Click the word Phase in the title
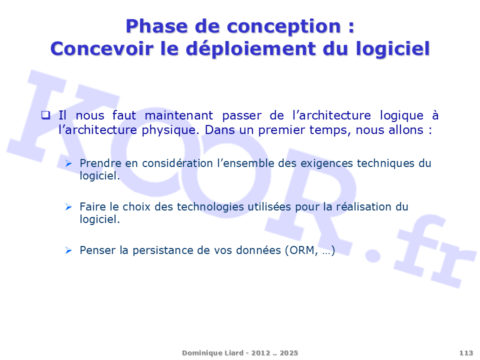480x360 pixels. (x=156, y=26)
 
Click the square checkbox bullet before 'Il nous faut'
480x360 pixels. (x=45, y=115)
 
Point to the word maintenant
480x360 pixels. (x=178, y=115)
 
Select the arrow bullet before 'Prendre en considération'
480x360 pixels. (x=68, y=163)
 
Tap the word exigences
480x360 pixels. (x=326, y=163)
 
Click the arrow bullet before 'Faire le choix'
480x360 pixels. (x=68, y=207)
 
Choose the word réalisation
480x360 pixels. (x=363, y=206)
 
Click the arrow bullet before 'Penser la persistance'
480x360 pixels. (x=68, y=250)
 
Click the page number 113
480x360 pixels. (x=466, y=353)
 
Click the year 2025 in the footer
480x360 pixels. (x=288, y=353)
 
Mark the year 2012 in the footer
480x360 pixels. (x=261, y=353)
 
